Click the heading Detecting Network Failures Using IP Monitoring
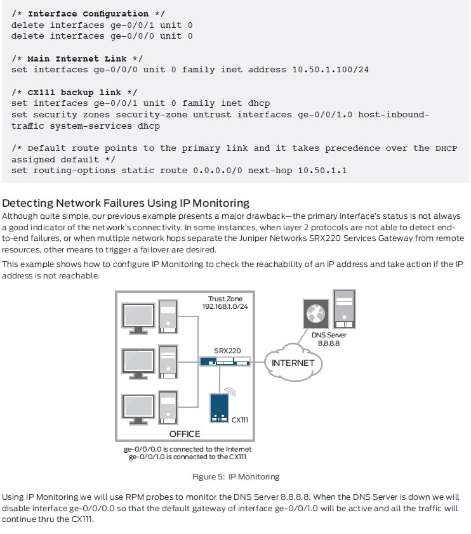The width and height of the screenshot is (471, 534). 126,203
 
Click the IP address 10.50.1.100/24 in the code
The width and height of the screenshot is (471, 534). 331,69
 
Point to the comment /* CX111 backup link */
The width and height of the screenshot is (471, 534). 74,93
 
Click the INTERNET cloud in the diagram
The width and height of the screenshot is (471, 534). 293,363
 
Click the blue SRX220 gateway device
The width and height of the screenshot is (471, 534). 225,361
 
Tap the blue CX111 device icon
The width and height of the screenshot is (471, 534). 220,408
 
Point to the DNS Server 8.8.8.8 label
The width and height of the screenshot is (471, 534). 329,339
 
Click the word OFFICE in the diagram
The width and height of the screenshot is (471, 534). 185,434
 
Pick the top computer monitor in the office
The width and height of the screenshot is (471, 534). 138,316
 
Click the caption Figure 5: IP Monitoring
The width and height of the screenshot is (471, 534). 235,476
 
